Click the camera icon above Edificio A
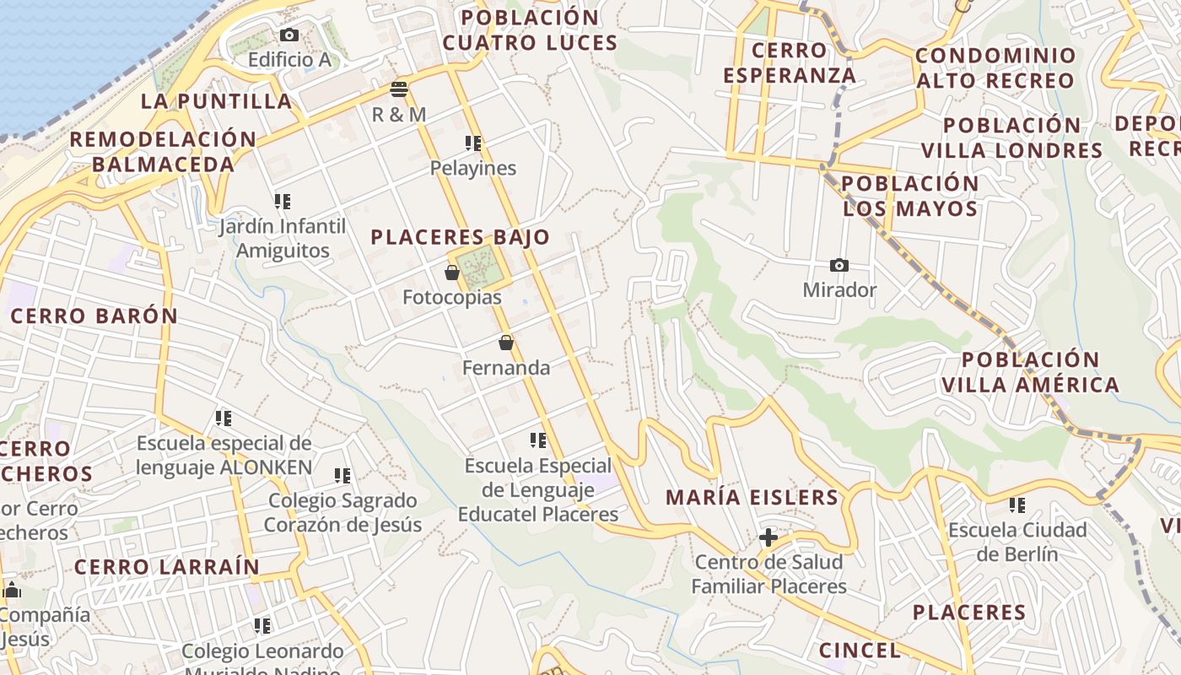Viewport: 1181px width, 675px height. point(289,35)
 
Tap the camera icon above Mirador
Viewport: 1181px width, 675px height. point(839,265)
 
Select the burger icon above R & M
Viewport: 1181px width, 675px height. point(399,89)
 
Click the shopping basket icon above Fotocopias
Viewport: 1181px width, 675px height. point(452,273)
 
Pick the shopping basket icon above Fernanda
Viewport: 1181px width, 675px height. point(506,343)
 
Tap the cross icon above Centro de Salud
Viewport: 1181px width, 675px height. point(768,537)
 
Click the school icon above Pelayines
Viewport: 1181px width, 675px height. point(473,143)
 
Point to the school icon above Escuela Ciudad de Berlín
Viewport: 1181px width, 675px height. point(1017,505)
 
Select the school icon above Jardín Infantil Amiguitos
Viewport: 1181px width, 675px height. point(282,202)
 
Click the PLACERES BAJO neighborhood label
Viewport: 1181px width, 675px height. point(460,237)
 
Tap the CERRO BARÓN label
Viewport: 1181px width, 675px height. point(94,316)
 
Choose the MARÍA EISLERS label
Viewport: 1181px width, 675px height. point(752,497)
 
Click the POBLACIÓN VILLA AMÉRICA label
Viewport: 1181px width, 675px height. point(1030,372)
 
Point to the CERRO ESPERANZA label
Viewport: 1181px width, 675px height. point(789,62)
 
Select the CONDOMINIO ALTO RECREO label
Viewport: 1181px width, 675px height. point(995,68)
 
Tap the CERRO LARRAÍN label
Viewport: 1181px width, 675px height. point(167,567)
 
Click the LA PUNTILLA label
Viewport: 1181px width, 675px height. point(216,101)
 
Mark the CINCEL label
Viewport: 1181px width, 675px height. point(860,650)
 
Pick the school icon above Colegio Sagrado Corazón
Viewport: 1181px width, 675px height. point(342,476)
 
